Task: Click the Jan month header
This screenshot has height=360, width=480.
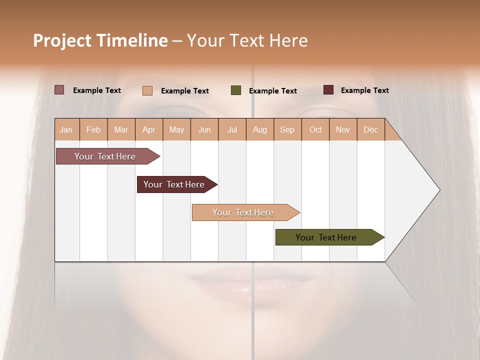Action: (66, 129)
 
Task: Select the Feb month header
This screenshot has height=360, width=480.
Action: (93, 129)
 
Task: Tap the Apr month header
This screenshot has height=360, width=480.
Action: (148, 129)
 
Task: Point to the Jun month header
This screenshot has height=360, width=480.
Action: (204, 129)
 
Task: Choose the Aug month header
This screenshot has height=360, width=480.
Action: (259, 129)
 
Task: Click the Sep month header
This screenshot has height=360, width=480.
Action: (287, 129)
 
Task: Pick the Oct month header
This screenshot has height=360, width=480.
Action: (315, 129)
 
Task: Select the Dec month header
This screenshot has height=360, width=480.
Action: (370, 129)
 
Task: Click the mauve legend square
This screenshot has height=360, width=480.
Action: (59, 90)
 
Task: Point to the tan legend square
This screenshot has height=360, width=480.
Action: (147, 90)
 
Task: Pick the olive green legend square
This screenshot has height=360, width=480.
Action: (236, 90)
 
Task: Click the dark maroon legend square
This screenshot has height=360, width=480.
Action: (328, 90)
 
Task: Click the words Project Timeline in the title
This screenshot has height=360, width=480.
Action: (100, 40)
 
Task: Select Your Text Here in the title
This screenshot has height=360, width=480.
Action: (247, 40)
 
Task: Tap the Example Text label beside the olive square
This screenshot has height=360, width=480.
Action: (273, 91)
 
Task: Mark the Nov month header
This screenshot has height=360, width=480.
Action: (343, 129)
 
